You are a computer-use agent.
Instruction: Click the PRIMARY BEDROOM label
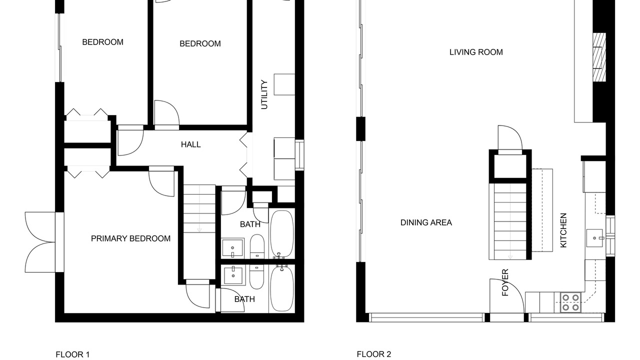pos(130,238)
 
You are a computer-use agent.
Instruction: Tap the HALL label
pos(191,144)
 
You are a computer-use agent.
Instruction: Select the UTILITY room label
pos(264,94)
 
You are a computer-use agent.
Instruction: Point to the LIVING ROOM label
pos(476,52)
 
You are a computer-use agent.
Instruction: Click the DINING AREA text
pos(426,222)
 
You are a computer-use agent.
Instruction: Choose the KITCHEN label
pos(563,230)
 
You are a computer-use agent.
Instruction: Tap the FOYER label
pos(505,282)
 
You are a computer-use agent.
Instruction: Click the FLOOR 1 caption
pos(72,354)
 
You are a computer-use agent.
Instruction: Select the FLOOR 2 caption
pos(373,354)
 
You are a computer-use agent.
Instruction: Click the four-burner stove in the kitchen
pos(570,302)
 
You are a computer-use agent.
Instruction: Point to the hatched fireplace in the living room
pos(599,57)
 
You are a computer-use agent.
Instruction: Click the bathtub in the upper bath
pos(282,234)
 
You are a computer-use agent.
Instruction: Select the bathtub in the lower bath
pos(282,288)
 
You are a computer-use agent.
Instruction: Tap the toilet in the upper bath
pos(257,247)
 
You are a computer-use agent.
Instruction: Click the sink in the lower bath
pos(233,275)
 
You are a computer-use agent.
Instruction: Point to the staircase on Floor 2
pos(510,221)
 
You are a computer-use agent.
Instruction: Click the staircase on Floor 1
pos(199,208)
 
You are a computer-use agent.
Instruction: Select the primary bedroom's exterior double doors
pos(44,242)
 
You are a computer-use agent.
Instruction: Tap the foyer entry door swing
pos(507,295)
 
